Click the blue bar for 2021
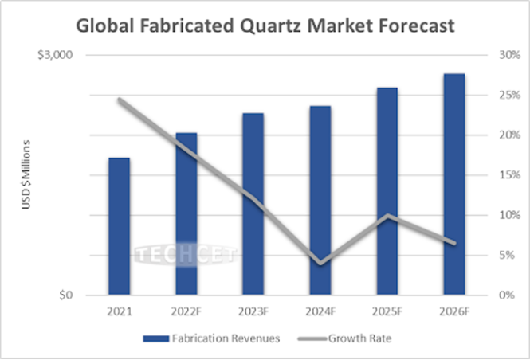pos(120,226)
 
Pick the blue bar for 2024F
pos(320,201)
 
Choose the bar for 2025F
pos(387,191)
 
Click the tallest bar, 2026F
pos(454,185)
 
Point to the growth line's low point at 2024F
pos(320,263)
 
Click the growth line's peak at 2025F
pos(387,215)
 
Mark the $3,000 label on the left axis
pos(55,55)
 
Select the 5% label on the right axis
pos(507,256)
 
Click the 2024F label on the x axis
pos(320,311)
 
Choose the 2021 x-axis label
pos(120,311)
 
